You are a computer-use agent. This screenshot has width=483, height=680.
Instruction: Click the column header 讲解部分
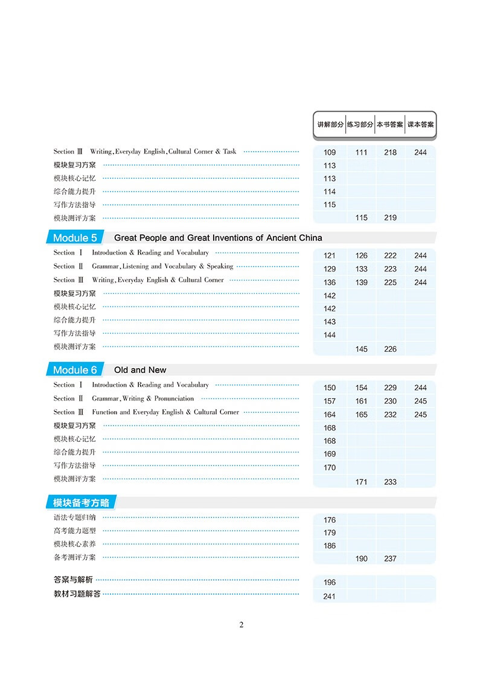tap(330, 125)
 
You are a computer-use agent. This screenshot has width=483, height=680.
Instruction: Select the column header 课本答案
tap(420, 125)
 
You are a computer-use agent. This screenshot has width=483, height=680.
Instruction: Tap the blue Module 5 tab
tap(75, 238)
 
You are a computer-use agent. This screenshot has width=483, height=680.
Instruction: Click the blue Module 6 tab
tap(75, 370)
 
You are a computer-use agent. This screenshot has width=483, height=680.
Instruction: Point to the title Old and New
tap(140, 370)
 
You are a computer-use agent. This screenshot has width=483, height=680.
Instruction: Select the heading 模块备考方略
tap(80, 502)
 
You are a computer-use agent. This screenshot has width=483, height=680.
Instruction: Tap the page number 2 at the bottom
tap(241, 624)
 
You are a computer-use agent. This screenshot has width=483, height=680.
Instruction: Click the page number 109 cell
tap(330, 152)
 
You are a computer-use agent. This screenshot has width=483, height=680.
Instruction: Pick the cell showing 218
tap(390, 152)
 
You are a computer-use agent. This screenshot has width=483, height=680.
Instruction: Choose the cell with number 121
tap(330, 256)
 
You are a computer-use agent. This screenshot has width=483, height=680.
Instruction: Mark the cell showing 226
tap(390, 349)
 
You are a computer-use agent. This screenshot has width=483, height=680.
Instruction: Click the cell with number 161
tap(361, 401)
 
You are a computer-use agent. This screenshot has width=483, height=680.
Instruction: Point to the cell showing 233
tap(390, 482)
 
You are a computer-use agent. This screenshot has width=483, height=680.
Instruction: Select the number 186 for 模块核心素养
tap(330, 546)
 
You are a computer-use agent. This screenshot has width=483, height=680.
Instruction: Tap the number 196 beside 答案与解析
tap(330, 583)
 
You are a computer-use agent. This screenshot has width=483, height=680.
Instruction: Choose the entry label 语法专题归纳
tap(74, 517)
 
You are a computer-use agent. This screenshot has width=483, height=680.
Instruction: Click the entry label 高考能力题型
tap(74, 531)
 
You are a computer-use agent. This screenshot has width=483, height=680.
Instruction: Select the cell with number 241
tap(330, 597)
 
